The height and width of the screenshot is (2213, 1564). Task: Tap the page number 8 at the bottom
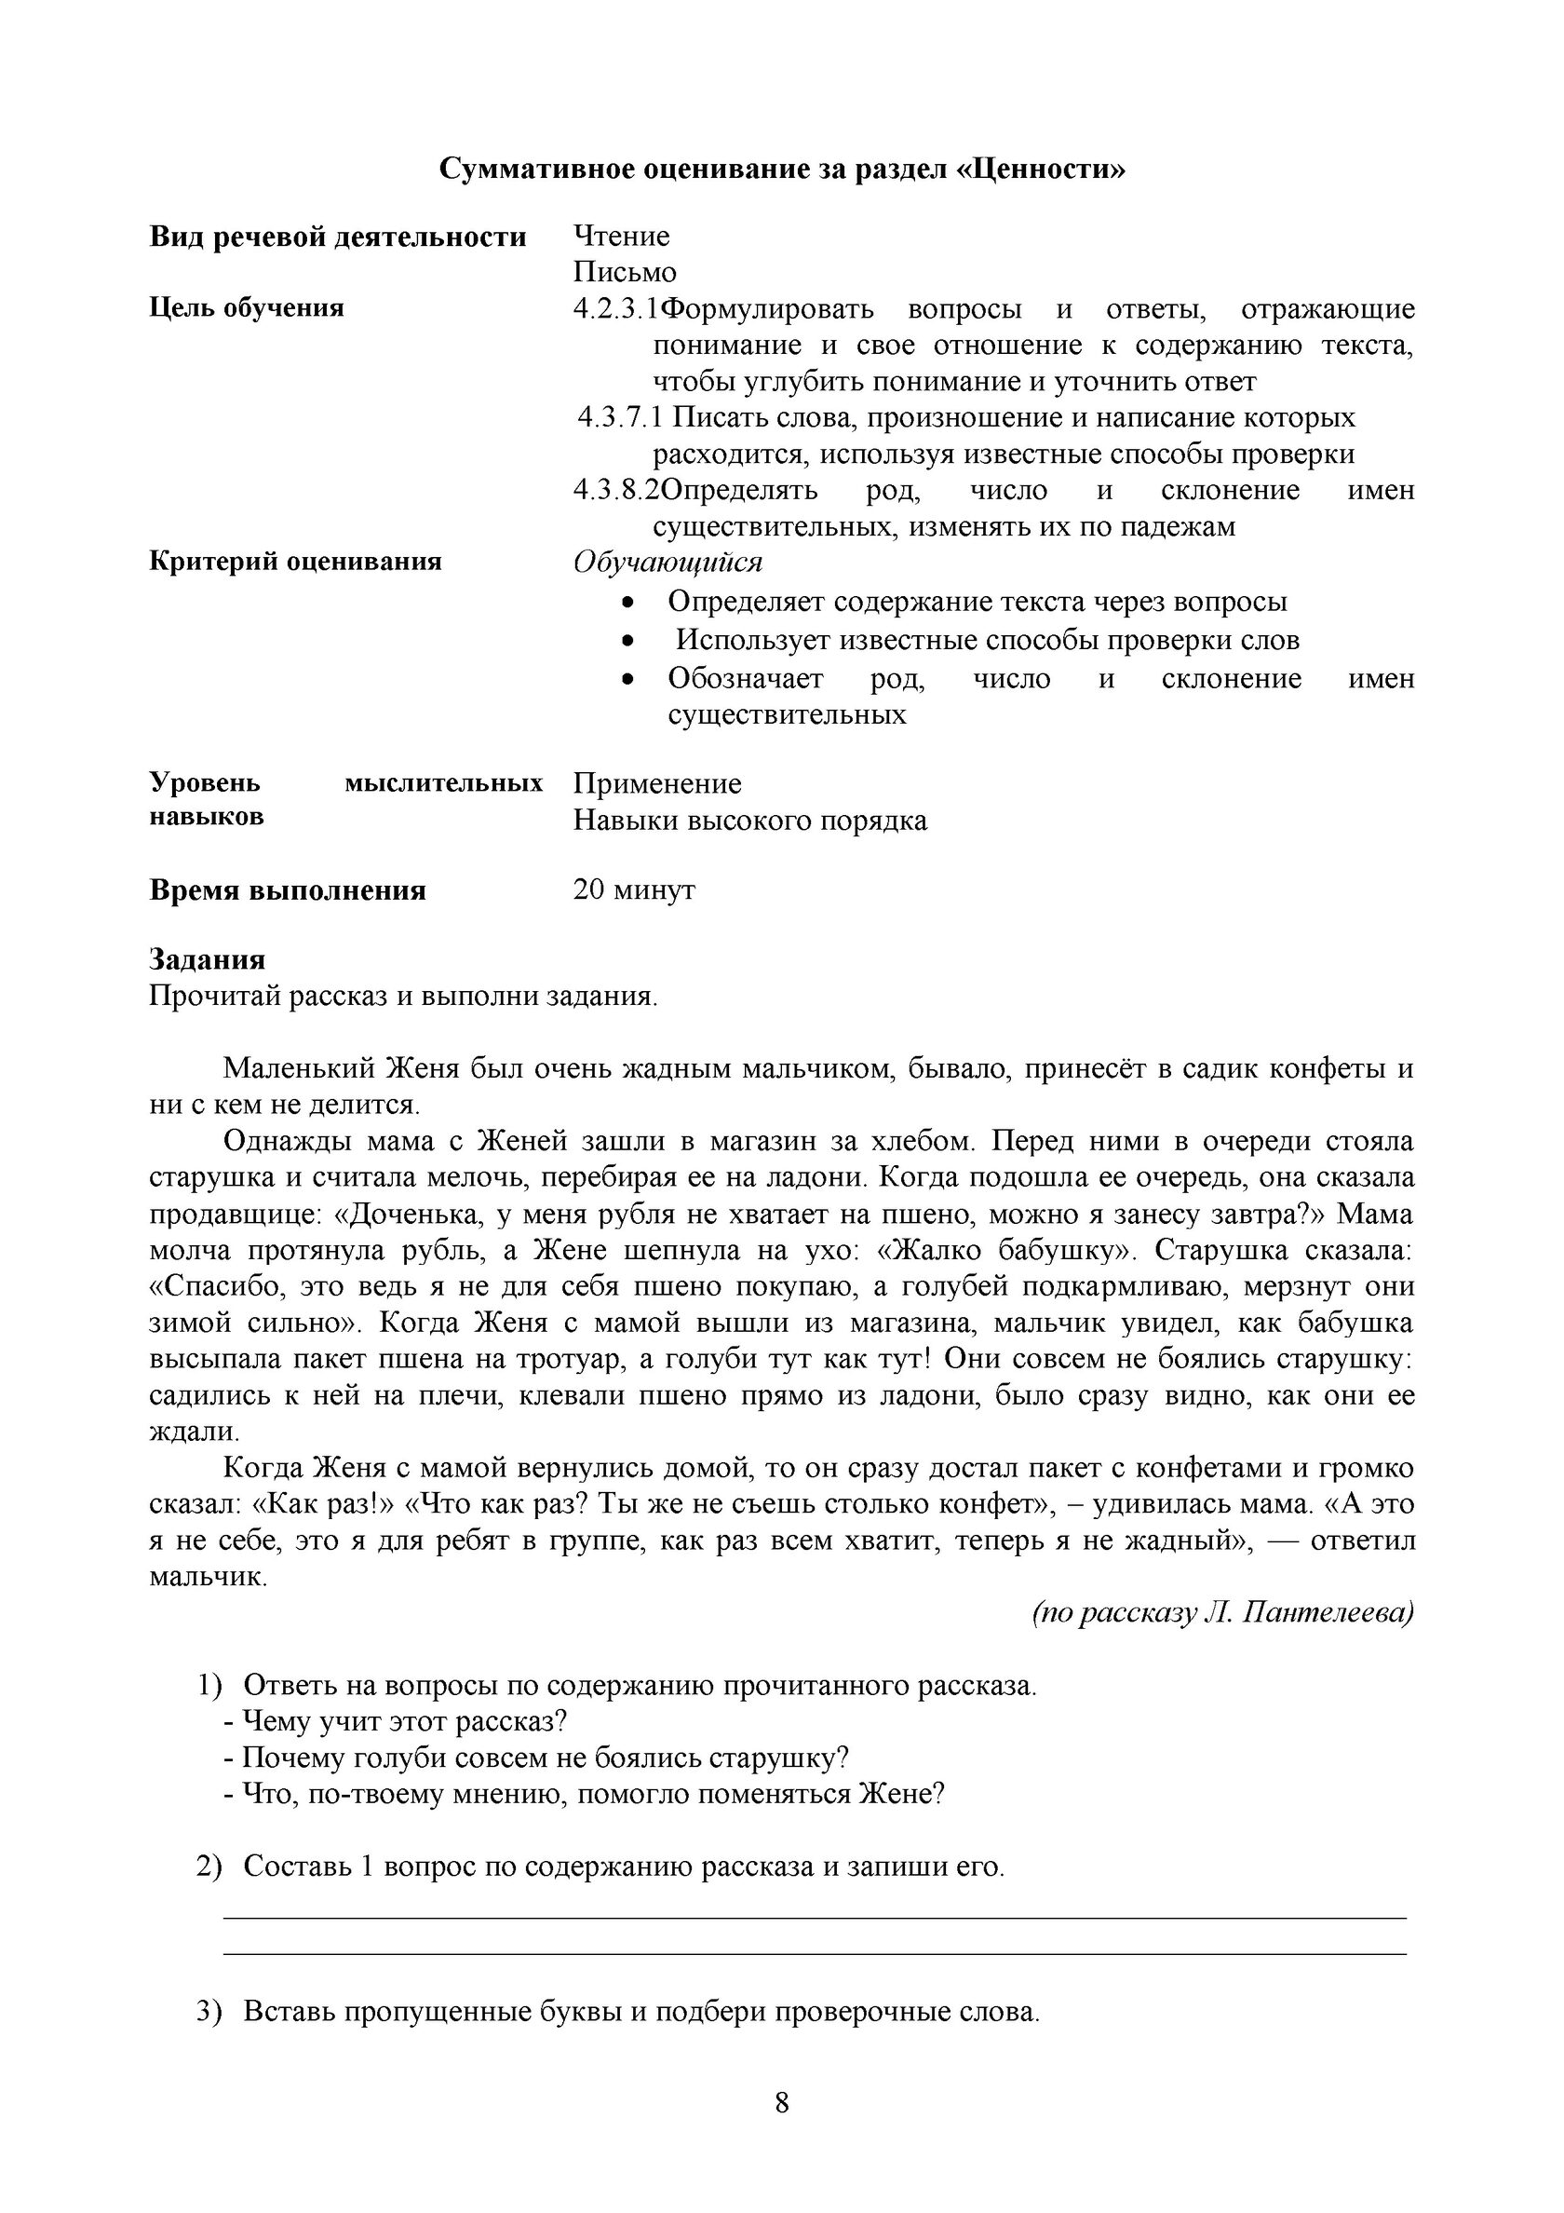pos(781,2102)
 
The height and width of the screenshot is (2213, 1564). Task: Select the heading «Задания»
pos(208,959)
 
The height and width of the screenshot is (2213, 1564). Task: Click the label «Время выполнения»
pos(287,889)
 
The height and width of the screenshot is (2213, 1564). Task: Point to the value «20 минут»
pos(633,889)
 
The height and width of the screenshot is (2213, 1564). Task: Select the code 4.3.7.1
pos(620,417)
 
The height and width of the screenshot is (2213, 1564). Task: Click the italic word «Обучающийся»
pos(667,562)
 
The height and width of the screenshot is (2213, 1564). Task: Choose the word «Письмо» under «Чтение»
pos(625,273)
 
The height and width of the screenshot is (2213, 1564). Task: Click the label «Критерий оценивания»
pos(295,562)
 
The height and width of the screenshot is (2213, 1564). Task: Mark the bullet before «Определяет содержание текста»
pos(628,603)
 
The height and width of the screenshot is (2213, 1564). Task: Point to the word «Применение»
pos(657,783)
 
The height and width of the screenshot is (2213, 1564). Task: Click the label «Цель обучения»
pos(247,308)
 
